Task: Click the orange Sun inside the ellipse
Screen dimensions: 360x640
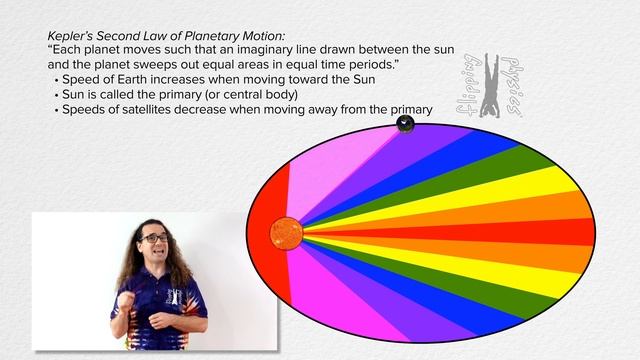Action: [286, 233]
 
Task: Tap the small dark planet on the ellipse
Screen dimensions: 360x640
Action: [405, 124]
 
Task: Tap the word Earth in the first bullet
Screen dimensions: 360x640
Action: [130, 80]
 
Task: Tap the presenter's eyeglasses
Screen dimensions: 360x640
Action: [154, 238]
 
